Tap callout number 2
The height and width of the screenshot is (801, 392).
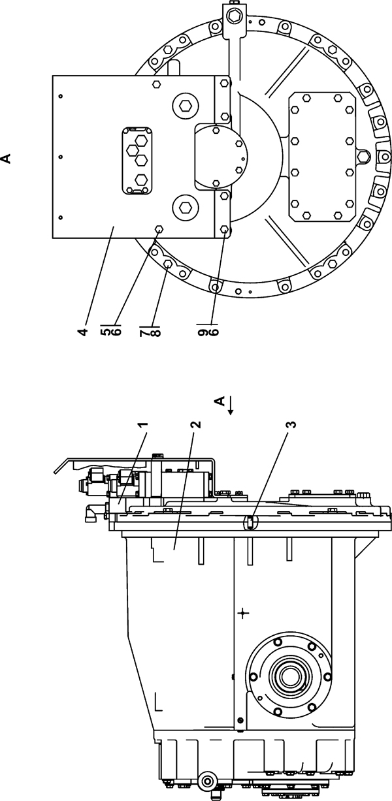click(196, 424)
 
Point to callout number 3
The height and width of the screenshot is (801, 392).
click(292, 424)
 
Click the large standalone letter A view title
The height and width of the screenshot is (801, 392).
click(6, 158)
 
